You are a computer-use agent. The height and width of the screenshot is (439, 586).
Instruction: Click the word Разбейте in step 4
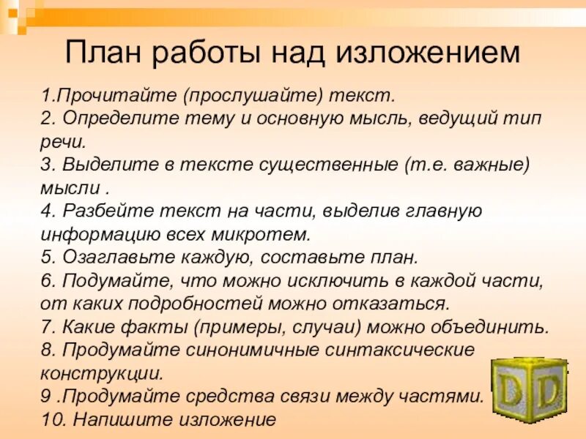(97, 211)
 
